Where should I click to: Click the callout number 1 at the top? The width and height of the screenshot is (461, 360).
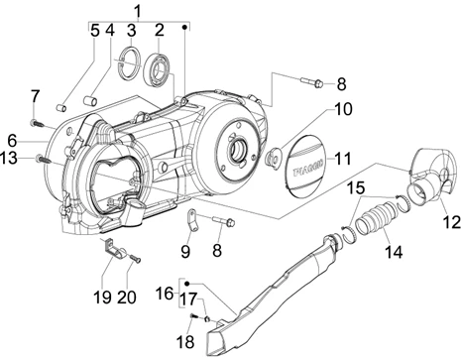pyautogui.click(x=138, y=11)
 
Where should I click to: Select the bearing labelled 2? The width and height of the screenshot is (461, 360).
pyautogui.click(x=157, y=70)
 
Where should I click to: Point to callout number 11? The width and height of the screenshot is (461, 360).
pyautogui.click(x=342, y=159)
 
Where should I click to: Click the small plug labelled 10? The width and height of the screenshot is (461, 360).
pyautogui.click(x=274, y=155)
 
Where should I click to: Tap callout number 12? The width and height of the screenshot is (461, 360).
pyautogui.click(x=452, y=222)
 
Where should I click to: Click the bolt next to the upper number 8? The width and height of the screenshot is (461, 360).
pyautogui.click(x=311, y=81)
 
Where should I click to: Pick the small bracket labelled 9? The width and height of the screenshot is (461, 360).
pyautogui.click(x=193, y=220)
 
